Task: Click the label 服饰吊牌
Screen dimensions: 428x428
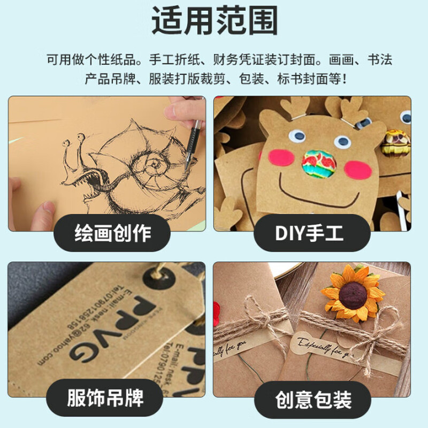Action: [105, 398]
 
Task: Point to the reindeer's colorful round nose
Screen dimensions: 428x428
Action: [316, 162]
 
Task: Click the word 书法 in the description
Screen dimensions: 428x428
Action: [380, 59]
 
